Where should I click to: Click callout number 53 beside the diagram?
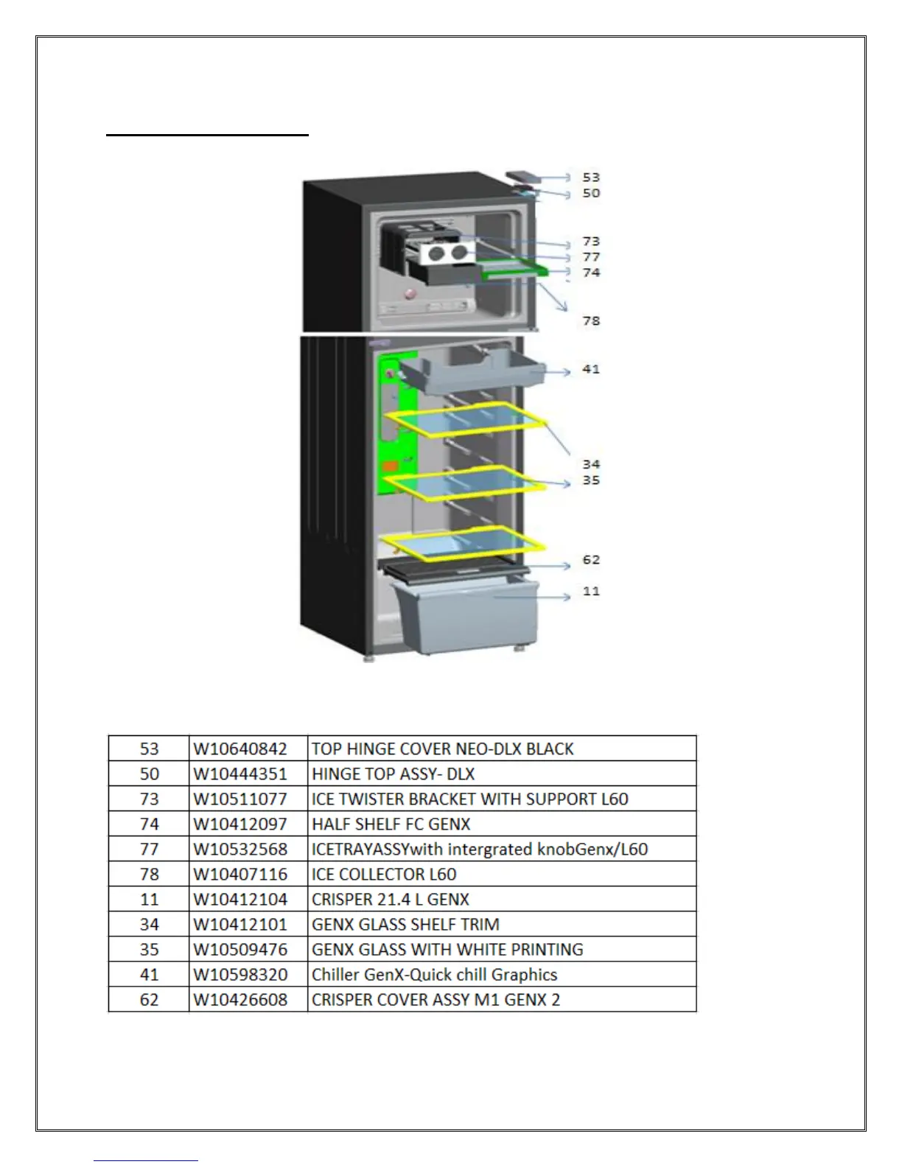tap(591, 178)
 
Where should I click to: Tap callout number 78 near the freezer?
tap(591, 321)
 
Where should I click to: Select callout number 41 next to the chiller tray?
tap(591, 369)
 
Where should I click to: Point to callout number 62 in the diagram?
tap(591, 560)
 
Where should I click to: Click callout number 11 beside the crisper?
tap(591, 592)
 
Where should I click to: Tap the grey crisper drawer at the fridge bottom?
tap(464, 614)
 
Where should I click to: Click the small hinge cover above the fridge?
tap(524, 178)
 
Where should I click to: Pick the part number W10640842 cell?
tap(240, 749)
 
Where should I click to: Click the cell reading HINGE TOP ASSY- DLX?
tap(394, 774)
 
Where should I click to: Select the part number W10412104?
tap(240, 900)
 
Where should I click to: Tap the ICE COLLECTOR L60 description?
tap(384, 875)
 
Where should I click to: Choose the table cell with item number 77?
tap(149, 849)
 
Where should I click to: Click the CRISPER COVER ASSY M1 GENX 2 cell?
tap(436, 1000)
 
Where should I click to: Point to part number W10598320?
tap(240, 975)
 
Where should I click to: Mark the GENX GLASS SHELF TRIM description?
tap(405, 925)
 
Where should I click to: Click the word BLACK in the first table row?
tap(550, 749)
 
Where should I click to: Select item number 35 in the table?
tap(149, 950)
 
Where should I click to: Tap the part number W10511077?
tap(240, 799)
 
